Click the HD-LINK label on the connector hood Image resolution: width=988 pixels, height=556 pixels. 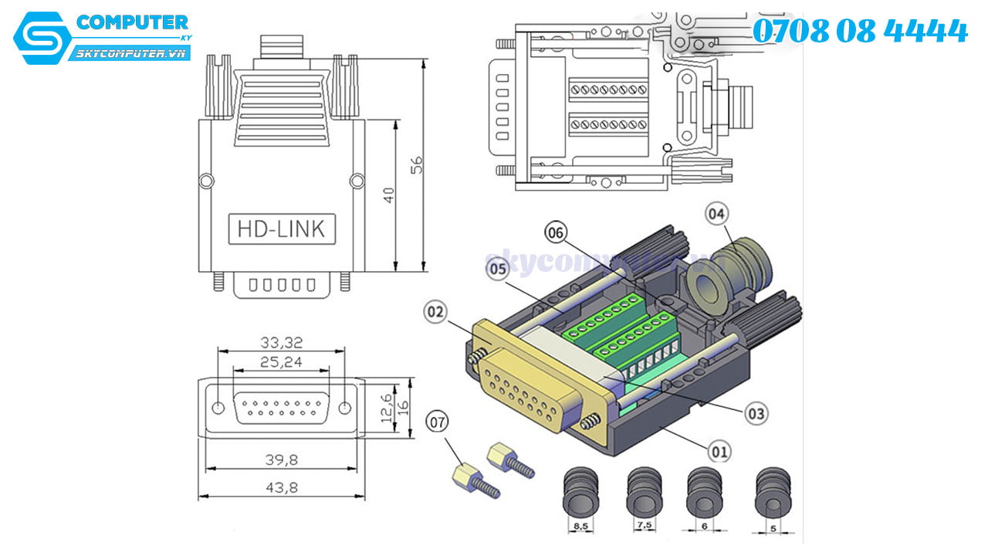click(282, 229)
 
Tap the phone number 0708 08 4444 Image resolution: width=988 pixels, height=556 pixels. click(860, 31)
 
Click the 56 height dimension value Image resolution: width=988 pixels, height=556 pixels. click(416, 166)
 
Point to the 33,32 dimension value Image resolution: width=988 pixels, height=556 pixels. click(281, 341)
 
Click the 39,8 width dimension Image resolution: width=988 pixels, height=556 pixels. click(281, 459)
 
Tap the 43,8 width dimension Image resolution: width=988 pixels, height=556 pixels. click(281, 487)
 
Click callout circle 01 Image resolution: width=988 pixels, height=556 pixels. click(720, 449)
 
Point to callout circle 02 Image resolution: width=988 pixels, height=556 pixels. click(436, 312)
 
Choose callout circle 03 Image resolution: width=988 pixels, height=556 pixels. click(756, 413)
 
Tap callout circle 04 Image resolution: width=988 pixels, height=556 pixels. click(717, 213)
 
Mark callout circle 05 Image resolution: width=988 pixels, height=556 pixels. click(497, 269)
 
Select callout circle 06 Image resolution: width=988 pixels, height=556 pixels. click(556, 231)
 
